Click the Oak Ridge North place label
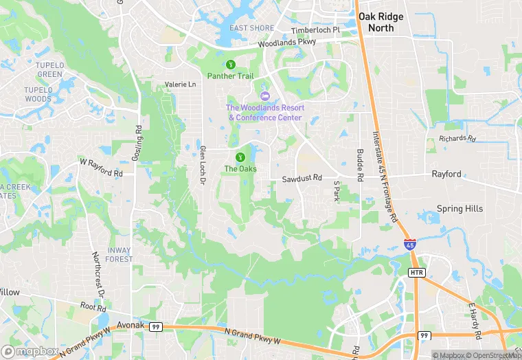381,22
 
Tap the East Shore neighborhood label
252,28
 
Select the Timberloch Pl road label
315,30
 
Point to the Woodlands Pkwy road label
287,43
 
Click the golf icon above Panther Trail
231,65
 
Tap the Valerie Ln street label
180,85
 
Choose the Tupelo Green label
49,69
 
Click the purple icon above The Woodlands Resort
265,95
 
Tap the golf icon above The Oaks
240,157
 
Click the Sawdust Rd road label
302,179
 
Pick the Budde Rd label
359,165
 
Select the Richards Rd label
457,139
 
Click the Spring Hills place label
459,209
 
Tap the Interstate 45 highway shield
409,244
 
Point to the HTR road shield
418,273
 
